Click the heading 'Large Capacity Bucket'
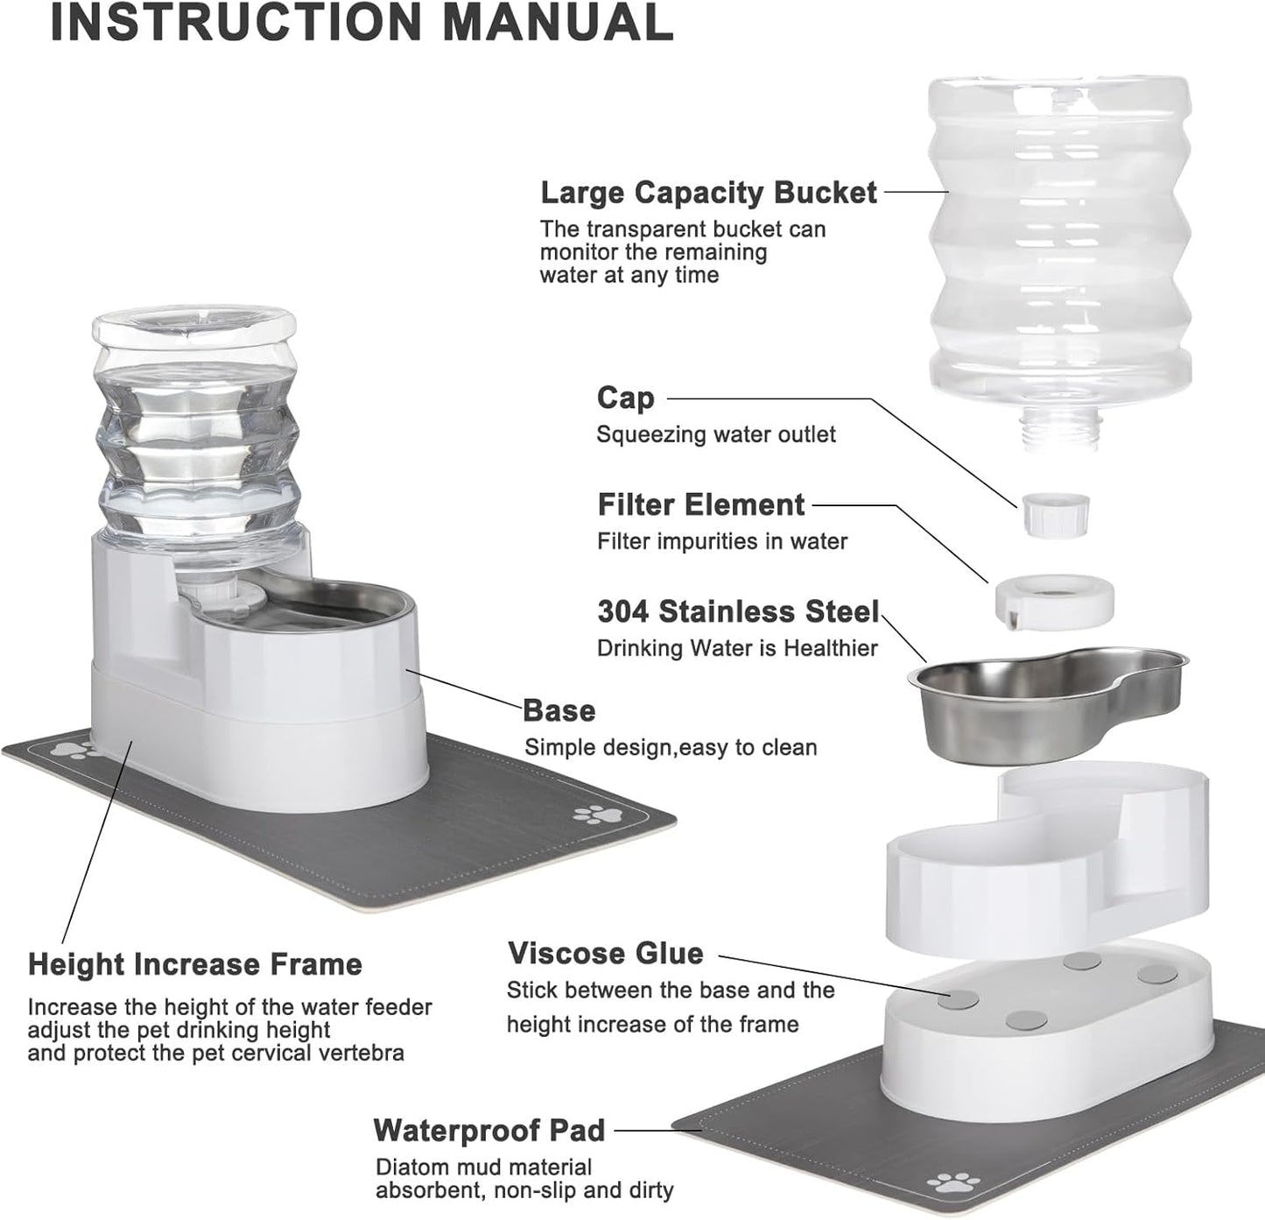(707, 193)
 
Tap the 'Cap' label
(625, 398)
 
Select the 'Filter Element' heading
(700, 504)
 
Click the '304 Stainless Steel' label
(737, 611)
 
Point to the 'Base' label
(559, 710)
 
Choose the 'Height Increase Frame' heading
(194, 964)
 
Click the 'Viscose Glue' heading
(605, 953)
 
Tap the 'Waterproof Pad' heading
(488, 1130)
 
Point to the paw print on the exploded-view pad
(957, 1182)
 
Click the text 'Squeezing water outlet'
(715, 434)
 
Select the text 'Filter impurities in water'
(721, 541)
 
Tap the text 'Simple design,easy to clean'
(670, 747)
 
